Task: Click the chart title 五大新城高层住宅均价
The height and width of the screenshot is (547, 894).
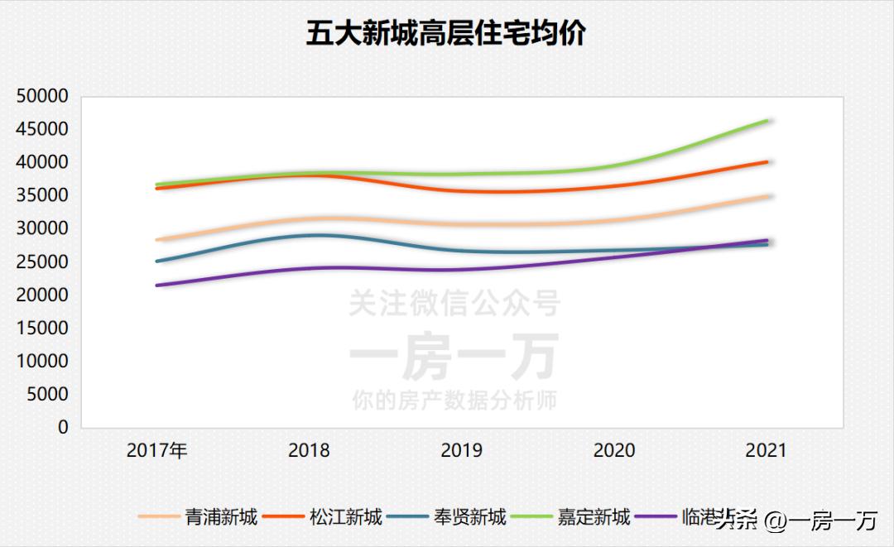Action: [446, 34]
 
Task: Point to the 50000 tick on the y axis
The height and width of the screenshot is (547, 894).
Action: [41, 96]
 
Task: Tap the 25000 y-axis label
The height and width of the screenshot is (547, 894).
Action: [41, 262]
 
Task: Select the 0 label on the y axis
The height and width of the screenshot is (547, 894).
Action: [63, 427]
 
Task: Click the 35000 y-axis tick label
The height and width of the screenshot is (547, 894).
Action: [41, 195]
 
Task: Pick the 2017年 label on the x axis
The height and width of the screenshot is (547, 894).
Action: [157, 451]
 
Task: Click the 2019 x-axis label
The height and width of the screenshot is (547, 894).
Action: [461, 451]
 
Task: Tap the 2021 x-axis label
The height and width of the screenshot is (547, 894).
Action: [766, 451]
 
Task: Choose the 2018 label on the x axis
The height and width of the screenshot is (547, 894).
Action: [309, 451]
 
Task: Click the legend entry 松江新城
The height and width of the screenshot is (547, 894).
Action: [346, 518]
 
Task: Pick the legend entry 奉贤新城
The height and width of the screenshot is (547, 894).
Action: [469, 518]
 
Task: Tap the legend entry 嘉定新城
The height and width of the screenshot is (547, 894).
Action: [594, 518]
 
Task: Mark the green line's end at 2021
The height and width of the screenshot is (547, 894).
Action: [767, 121]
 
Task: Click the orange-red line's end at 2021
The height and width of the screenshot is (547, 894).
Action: [767, 162]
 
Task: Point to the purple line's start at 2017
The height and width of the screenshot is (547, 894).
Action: [157, 285]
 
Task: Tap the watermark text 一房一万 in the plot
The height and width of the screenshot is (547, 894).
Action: [454, 357]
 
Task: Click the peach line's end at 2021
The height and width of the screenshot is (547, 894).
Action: [767, 196]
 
